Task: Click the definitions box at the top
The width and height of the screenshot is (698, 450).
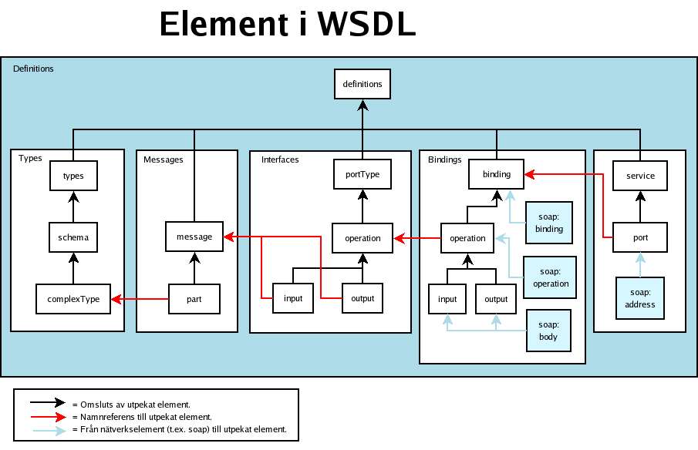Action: [x=362, y=84]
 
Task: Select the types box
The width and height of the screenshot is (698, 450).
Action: [x=73, y=176]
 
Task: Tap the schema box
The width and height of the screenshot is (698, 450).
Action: [x=73, y=237]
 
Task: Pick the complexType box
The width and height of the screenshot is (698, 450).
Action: [x=73, y=299]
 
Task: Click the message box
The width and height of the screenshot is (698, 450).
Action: [x=194, y=237]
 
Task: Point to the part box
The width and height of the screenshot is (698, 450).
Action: [x=194, y=299]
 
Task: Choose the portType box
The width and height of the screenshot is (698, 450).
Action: [x=362, y=174]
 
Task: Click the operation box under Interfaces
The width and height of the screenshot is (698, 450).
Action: [x=362, y=238]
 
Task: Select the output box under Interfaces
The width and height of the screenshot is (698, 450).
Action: [x=362, y=298]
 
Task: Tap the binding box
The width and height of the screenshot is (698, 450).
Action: [x=497, y=174]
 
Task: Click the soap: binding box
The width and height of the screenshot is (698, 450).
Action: [x=549, y=223]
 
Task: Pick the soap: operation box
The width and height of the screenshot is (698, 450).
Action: [x=550, y=277]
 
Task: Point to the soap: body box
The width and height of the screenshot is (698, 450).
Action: [x=548, y=331]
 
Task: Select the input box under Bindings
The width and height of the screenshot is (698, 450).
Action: [x=447, y=299]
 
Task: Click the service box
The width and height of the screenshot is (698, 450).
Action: [x=640, y=176]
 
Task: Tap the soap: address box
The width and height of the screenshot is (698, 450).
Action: [x=640, y=298]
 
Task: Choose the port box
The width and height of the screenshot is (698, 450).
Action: [x=640, y=237]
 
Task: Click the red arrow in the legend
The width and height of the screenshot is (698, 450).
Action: [x=49, y=417]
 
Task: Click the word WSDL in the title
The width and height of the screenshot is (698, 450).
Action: [x=366, y=24]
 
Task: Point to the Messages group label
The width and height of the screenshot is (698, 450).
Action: [x=163, y=160]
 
